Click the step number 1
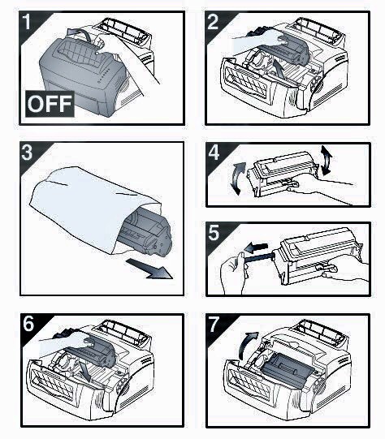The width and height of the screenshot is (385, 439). pos(27,22)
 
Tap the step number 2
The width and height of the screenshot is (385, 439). pos(213,22)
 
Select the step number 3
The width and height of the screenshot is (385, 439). pos(27,153)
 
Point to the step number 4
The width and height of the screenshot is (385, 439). pos(214,153)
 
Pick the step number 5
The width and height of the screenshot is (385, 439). pos(214,233)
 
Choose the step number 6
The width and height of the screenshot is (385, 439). pos(28,325)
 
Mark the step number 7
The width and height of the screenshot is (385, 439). pos(214,325)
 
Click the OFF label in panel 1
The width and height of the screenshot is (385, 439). pos(50,104)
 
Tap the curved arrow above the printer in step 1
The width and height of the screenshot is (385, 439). pos(80,32)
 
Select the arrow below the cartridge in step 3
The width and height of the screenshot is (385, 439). pos(149,269)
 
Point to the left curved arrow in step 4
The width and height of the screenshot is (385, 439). pos(239,178)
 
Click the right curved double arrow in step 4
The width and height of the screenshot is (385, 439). pos(327,160)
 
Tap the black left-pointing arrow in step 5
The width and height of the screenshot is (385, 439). pos(256,247)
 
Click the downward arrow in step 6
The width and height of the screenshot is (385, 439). pos(85,370)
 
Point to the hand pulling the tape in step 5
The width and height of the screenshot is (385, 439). pos(233,273)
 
